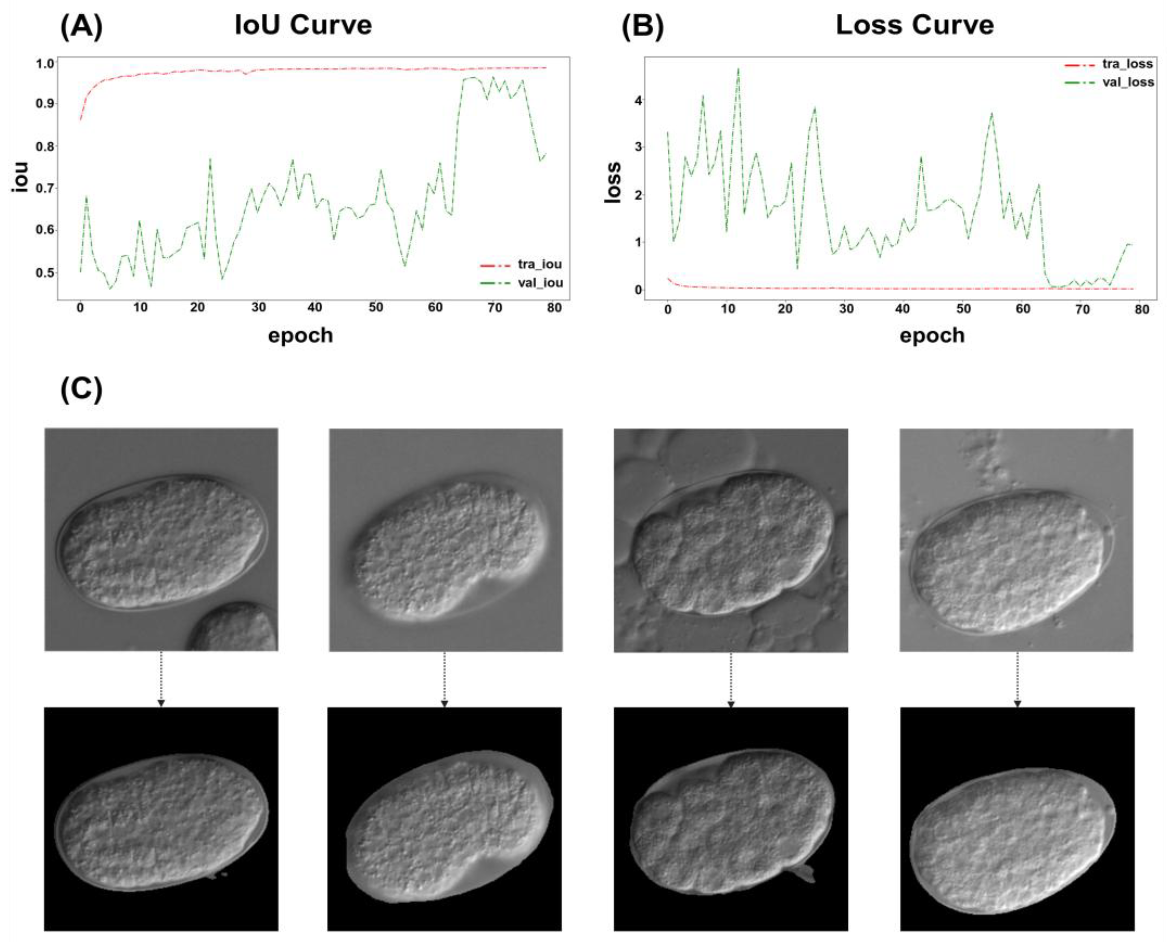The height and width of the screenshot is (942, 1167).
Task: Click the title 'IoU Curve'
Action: (303, 25)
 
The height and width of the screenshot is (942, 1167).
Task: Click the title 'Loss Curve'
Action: (914, 25)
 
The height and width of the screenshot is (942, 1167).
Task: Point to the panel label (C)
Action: (81, 389)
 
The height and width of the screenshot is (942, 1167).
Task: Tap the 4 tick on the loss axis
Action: (639, 100)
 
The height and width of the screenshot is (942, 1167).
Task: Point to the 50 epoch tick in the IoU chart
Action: (376, 308)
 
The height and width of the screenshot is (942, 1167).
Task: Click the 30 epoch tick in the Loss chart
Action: (846, 309)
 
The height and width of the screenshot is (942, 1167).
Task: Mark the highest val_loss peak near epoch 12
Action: (738, 69)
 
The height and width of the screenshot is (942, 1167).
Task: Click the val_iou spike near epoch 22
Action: (210, 159)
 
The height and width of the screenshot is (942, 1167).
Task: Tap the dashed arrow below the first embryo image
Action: (161, 678)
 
